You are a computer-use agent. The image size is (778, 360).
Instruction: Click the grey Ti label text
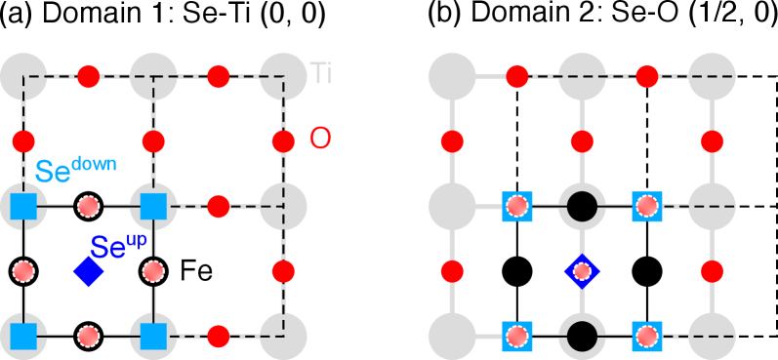pyautogui.click(x=320, y=73)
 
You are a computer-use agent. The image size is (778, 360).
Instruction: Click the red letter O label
pyautogui.click(x=320, y=139)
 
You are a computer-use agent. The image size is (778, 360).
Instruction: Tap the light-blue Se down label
pyautogui.click(x=75, y=170)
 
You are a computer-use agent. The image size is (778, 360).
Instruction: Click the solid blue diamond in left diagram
pyautogui.click(x=89, y=271)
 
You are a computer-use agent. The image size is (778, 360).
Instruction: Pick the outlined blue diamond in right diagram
pyautogui.click(x=582, y=271)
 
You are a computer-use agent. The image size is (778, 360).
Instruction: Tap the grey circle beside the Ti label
pyautogui.click(x=283, y=76)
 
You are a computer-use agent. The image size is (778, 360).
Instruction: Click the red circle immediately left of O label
pyautogui.click(x=283, y=141)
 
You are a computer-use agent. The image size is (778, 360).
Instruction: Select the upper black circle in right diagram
pyautogui.click(x=582, y=207)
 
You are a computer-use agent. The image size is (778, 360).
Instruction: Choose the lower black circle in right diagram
pyautogui.click(x=582, y=337)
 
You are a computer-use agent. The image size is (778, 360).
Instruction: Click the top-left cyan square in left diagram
pyautogui.click(x=23, y=207)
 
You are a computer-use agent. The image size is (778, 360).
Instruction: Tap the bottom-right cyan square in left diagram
pyautogui.click(x=153, y=337)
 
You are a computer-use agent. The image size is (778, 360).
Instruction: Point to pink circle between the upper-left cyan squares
pyautogui.click(x=89, y=207)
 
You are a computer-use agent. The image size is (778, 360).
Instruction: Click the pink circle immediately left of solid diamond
pyautogui.click(x=23, y=271)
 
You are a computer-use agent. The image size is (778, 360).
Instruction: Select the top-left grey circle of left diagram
pyautogui.click(x=23, y=76)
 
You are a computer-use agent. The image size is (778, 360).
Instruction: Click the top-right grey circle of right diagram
pyautogui.click(x=712, y=76)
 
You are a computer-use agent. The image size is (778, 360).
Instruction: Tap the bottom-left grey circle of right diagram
pyautogui.click(x=452, y=337)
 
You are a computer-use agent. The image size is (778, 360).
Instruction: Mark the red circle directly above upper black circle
pyautogui.click(x=582, y=141)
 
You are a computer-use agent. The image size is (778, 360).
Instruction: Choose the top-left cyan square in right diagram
pyautogui.click(x=517, y=207)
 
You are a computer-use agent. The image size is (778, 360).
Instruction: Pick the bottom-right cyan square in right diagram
pyautogui.click(x=646, y=337)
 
